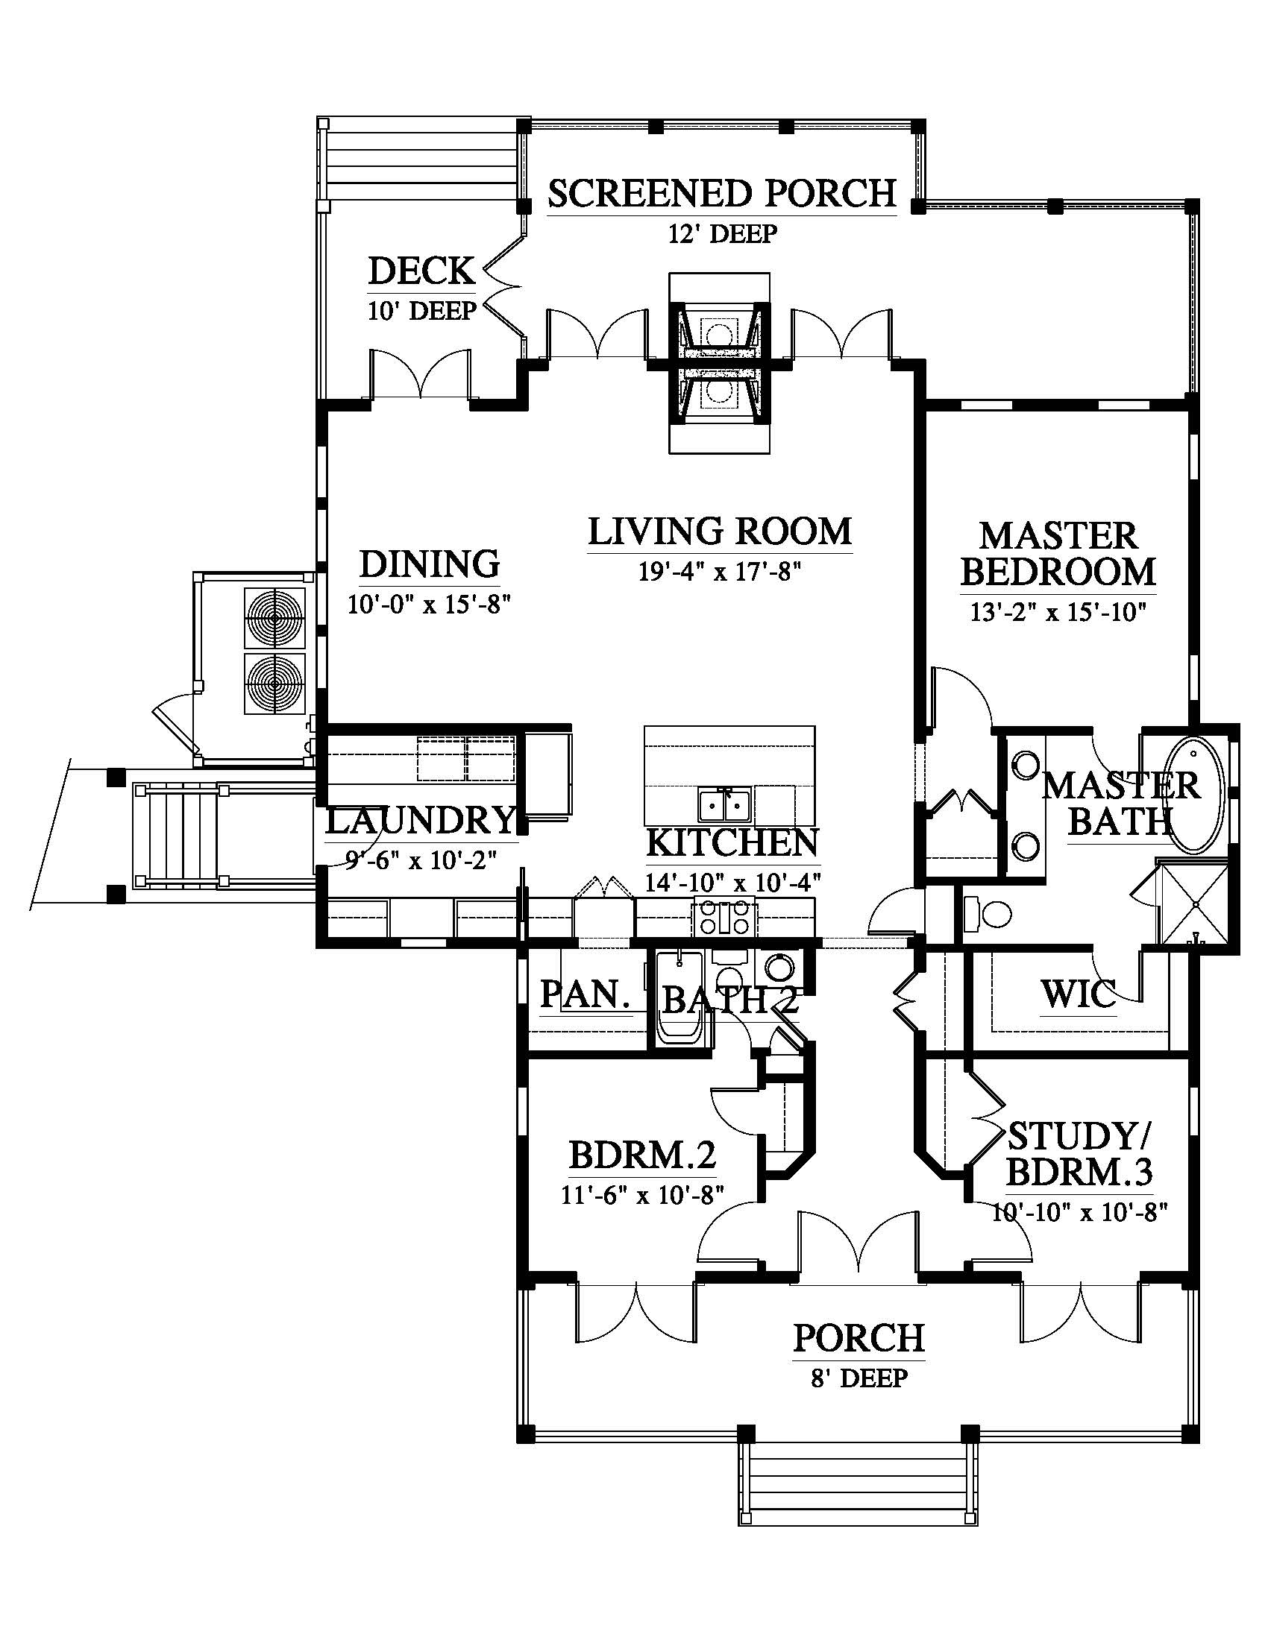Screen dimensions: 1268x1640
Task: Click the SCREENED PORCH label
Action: pos(722,193)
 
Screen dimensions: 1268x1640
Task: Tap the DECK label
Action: pos(421,271)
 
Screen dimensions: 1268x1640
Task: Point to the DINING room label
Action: pos(430,564)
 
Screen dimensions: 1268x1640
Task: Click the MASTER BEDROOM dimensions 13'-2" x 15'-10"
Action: pos(1058,613)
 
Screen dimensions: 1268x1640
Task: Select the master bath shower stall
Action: pos(1194,903)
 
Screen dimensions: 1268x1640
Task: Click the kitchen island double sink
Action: pos(724,805)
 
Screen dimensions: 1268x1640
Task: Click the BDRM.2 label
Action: pos(642,1156)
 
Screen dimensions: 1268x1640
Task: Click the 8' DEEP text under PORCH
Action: pos(859,1378)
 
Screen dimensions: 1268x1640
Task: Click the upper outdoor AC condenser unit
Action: pos(275,618)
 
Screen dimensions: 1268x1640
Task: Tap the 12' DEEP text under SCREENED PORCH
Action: pos(722,234)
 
